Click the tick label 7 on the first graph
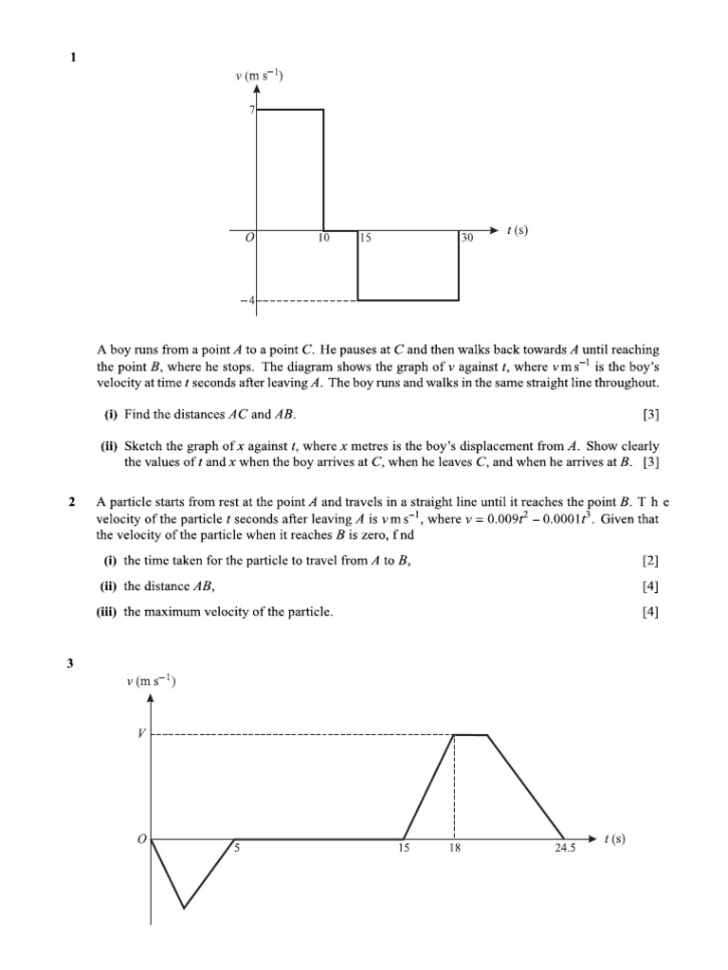tap(252, 110)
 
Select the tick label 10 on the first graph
tap(323, 239)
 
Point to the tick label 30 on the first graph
tap(465, 239)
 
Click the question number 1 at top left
tap(73, 58)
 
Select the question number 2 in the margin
tap(73, 502)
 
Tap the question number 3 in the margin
tap(70, 662)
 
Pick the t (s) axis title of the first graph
tap(517, 229)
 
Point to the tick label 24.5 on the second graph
tap(565, 849)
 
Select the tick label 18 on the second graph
tap(455, 849)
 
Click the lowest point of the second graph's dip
tap(183, 908)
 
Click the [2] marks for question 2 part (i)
tap(649, 561)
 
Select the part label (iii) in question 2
tap(106, 612)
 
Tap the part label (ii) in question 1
tap(111, 446)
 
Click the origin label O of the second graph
tap(142, 839)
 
